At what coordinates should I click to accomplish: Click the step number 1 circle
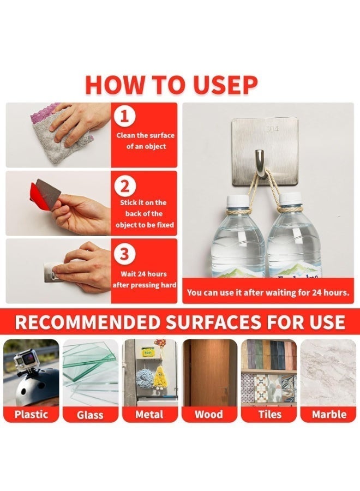tap(124, 116)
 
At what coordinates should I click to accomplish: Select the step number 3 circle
tap(124, 253)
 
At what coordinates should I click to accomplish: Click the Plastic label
tap(31, 414)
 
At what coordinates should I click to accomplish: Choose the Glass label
tap(90, 415)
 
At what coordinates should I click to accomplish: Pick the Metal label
tap(149, 414)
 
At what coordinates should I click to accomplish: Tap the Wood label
tap(209, 414)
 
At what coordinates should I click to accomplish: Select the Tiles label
tap(269, 414)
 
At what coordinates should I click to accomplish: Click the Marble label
tap(329, 414)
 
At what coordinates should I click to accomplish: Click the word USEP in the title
tap(225, 85)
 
